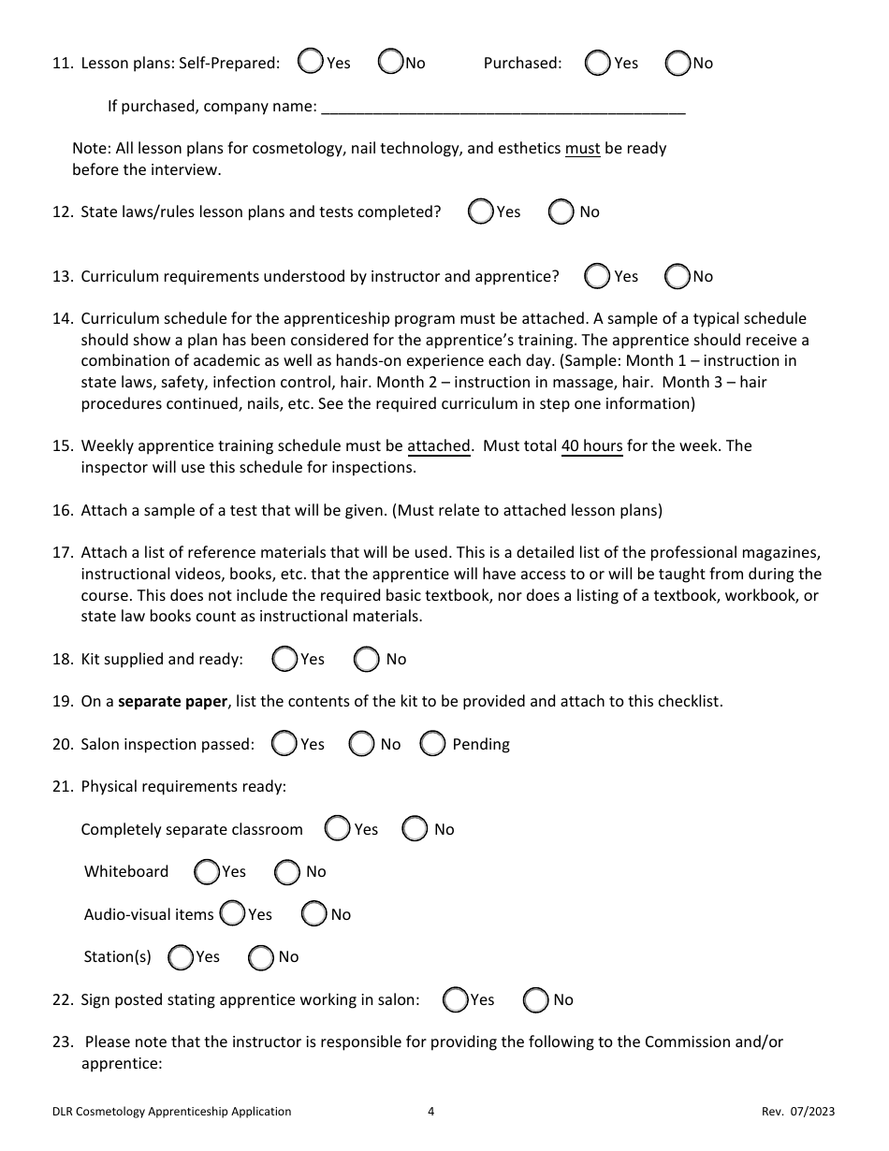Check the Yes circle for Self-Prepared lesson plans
[310, 62]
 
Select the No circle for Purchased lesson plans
[677, 63]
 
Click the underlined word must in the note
[582, 149]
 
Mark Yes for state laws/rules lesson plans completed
[481, 211]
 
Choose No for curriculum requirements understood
[677, 276]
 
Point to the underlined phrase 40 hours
[591, 446]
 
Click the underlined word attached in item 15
[438, 446]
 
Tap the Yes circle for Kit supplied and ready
[284, 659]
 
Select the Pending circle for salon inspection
[432, 744]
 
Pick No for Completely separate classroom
[415, 829]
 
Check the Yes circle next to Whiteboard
[207, 871]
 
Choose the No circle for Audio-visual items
[314, 914]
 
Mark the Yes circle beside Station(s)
[180, 956]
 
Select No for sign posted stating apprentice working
[536, 999]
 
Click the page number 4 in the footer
[430, 1112]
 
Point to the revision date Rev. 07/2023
[797, 1112]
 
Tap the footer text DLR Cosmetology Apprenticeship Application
[172, 1112]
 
